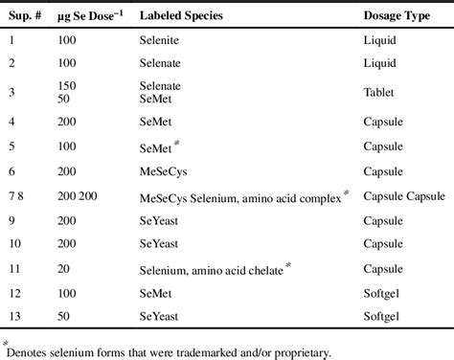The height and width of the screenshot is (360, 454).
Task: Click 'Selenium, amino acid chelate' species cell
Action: point(212,271)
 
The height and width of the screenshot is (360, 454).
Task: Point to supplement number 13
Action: point(16,321)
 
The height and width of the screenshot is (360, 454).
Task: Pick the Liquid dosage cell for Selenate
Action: point(379,64)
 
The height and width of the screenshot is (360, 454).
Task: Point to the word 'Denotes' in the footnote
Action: point(31,350)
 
